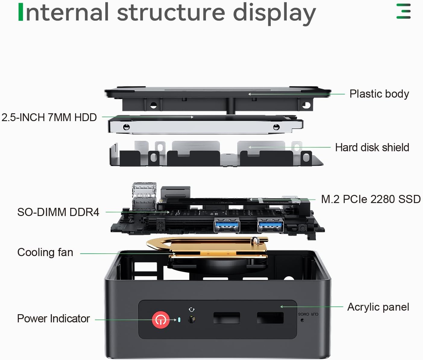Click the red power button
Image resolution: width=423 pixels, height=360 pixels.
[160, 320]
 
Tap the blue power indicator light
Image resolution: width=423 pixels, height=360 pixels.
[179, 320]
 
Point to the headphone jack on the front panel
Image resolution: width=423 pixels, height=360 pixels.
[191, 319]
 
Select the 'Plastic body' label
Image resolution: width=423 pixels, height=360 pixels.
[379, 94]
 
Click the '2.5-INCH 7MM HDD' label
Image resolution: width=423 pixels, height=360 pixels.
[49, 117]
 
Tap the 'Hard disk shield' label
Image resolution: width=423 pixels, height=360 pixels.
[372, 147]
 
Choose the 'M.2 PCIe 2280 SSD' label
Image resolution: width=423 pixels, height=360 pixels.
[371, 199]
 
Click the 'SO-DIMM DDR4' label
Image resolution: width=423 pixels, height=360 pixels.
[58, 212]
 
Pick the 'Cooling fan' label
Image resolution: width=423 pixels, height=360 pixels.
[45, 252]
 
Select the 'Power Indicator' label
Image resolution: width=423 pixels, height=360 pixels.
[53, 318]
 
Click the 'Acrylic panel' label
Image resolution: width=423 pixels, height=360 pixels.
[378, 307]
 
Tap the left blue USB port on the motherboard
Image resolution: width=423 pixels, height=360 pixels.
[227, 225]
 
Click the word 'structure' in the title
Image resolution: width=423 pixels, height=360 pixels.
[171, 13]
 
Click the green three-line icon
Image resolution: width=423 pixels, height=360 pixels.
[403, 11]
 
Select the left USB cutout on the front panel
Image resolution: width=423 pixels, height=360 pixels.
[227, 318]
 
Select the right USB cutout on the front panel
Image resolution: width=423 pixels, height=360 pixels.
[270, 318]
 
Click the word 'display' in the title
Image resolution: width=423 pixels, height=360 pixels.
[274, 14]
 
